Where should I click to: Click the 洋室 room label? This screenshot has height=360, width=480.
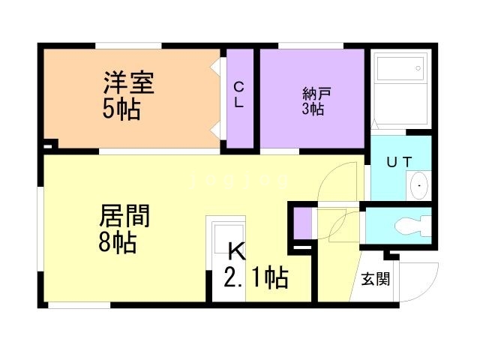coord(129,82)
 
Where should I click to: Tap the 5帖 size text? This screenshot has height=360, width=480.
coord(121,109)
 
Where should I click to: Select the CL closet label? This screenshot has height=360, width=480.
coord(238,95)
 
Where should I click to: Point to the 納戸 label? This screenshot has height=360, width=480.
coord(316,94)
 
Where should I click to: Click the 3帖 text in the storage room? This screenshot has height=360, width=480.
coord(313,109)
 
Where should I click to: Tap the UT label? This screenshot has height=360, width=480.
coord(399,162)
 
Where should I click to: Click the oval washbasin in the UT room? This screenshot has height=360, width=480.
coord(418,185)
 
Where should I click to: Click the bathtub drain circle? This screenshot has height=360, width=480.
coord(418,68)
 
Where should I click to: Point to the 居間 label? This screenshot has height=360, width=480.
coord(124,216)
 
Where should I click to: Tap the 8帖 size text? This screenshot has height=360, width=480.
coord(118,241)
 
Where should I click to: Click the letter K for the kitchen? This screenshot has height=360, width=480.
coord(237,251)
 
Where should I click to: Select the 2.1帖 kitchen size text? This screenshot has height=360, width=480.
coord(256,277)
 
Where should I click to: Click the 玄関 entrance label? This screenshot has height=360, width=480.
coord(376,279)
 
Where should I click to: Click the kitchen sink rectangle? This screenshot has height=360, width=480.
coord(229,238)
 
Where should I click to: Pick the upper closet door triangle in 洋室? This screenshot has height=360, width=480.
coord(215,67)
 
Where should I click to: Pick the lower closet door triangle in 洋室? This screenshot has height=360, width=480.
coord(215,130)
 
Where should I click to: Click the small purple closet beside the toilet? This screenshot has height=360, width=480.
coord(303,223)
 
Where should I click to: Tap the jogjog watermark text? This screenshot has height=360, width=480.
coord(240,181)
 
